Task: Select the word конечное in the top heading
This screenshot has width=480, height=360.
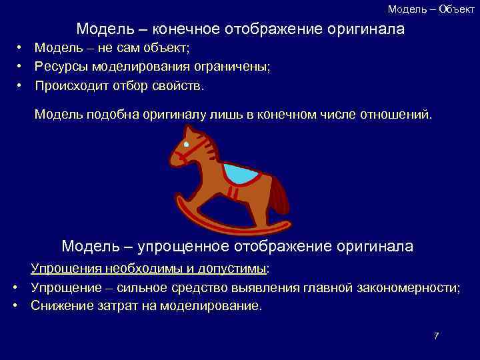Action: pos(188,29)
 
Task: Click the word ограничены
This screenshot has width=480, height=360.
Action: pos(233,67)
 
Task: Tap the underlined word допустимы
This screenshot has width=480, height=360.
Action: pos(230,269)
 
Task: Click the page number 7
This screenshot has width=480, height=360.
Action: pos(436,336)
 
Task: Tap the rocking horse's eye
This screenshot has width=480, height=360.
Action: pos(187,145)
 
